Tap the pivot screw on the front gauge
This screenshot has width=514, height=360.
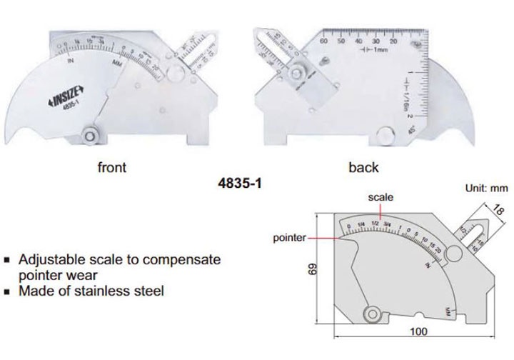click(x=91, y=134)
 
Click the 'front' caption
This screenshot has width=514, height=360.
click(x=111, y=168)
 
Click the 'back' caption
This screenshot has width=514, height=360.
click(x=363, y=168)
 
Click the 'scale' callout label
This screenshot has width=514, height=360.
click(x=380, y=196)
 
